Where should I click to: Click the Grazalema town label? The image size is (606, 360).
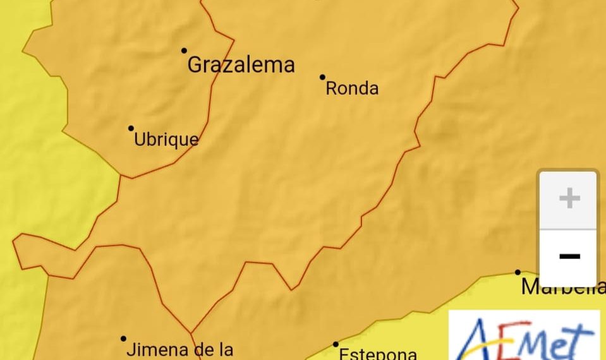[x=241, y=65]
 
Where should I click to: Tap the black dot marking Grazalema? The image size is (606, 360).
[x=185, y=51]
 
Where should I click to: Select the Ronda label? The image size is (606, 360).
[x=352, y=88]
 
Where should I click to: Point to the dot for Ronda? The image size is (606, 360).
[x=322, y=77]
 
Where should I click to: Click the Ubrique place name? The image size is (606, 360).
[x=166, y=140]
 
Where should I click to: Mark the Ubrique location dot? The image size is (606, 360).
[x=131, y=128]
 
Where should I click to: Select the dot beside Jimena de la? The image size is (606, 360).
[x=123, y=339]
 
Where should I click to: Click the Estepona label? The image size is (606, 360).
[x=378, y=354]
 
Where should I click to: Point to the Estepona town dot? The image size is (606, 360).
[x=336, y=344]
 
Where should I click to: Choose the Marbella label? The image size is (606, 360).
[x=562, y=287]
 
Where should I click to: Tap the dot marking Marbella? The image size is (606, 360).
[x=518, y=272]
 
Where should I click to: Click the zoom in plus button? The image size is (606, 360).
[x=569, y=199]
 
